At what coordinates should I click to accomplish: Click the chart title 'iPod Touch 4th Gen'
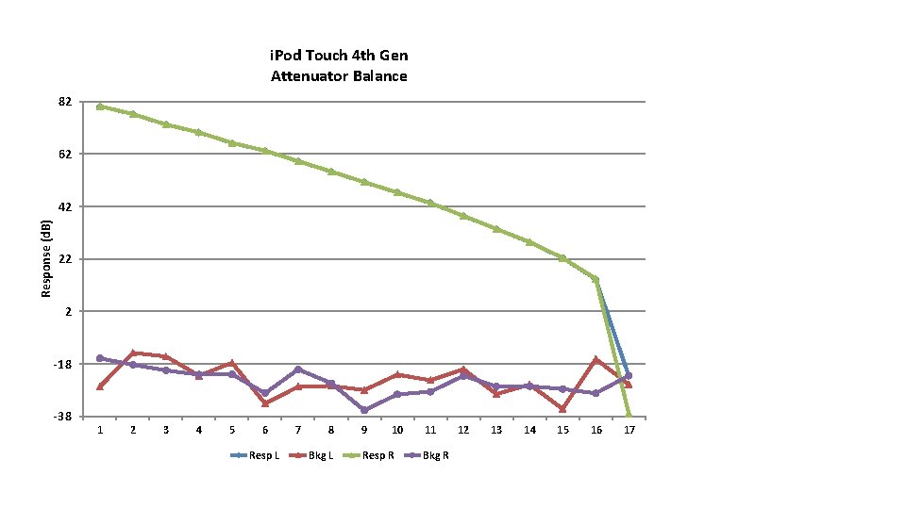point(339,57)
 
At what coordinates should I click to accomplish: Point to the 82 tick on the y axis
point(65,102)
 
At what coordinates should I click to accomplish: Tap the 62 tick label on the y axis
point(65,154)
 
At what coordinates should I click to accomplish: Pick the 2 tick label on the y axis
point(68,311)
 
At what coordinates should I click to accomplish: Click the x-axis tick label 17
point(629,430)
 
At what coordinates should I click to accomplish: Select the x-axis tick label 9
point(364,430)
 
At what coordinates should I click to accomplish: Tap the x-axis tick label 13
point(496,430)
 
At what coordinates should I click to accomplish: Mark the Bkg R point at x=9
point(364,410)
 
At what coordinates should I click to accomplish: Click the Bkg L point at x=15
point(562,409)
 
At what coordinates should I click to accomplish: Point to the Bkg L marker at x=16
point(596,359)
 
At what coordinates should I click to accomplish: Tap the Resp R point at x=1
point(100,107)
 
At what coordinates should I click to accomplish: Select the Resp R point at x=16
point(596,279)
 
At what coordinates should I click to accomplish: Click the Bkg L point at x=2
point(133,353)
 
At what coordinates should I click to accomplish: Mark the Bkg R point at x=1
point(100,358)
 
